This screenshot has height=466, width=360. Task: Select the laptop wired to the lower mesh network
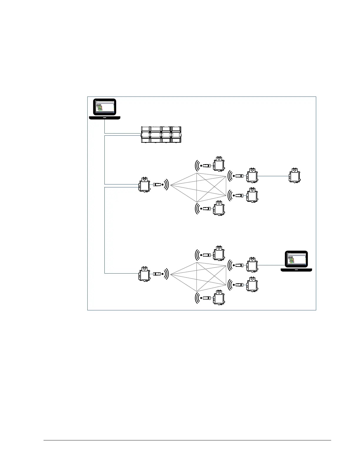click(296, 261)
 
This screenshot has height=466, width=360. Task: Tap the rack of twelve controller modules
click(161, 135)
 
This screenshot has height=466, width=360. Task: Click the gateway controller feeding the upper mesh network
click(144, 185)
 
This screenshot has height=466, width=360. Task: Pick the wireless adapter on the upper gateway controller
click(157, 184)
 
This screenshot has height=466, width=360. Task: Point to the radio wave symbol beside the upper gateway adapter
click(166, 184)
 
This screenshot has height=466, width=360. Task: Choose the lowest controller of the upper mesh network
click(219, 208)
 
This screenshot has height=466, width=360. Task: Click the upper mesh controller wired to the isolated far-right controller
click(252, 176)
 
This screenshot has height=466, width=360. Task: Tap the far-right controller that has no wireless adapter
click(294, 176)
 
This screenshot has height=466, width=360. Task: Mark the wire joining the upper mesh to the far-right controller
click(273, 176)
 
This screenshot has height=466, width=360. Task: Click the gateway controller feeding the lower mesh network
click(144, 274)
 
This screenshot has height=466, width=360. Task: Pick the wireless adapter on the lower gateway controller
click(157, 274)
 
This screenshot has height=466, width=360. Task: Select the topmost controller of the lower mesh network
click(219, 253)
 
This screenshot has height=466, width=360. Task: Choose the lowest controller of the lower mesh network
click(219, 298)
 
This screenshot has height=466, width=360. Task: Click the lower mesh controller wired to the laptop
click(252, 265)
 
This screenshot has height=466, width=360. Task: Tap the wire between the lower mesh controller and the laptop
click(269, 265)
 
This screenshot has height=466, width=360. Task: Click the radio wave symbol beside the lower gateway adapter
click(166, 274)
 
